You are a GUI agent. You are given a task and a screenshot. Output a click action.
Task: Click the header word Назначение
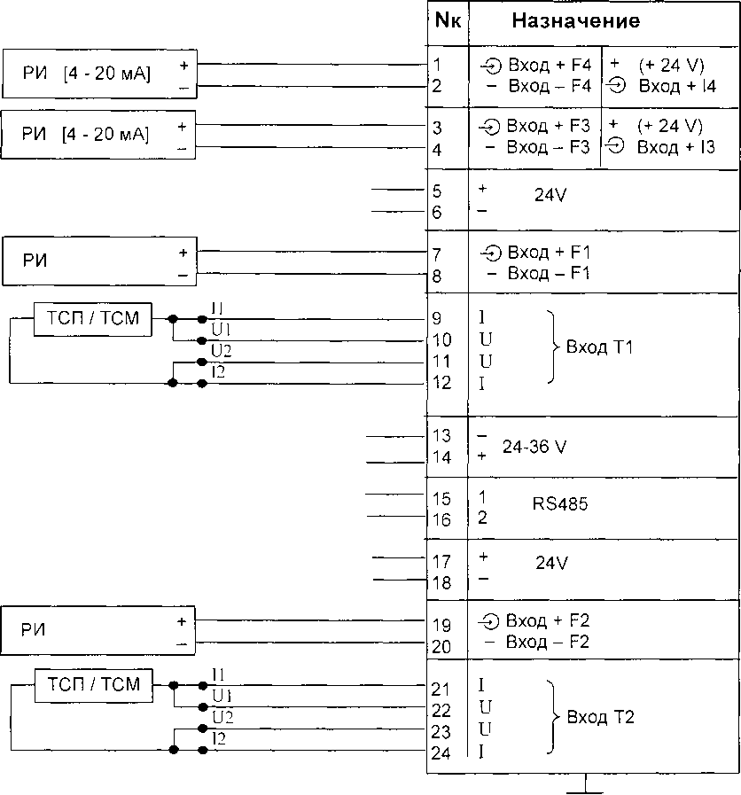(576, 21)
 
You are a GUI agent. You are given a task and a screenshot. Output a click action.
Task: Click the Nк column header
(447, 21)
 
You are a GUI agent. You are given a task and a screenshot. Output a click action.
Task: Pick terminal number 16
(441, 520)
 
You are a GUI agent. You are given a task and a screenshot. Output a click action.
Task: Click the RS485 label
(560, 504)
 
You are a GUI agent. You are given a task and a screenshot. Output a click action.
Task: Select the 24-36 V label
(534, 447)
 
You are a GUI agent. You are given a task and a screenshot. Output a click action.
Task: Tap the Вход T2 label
(600, 716)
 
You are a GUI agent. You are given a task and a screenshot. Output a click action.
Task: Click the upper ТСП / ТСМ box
(93, 318)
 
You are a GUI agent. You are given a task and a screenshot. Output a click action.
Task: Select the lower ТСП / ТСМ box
(93, 684)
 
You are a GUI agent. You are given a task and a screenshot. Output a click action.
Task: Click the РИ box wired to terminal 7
(98, 261)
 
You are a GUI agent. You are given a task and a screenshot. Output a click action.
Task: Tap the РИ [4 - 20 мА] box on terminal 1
(98, 75)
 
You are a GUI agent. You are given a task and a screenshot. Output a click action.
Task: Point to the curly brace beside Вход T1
(555, 347)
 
